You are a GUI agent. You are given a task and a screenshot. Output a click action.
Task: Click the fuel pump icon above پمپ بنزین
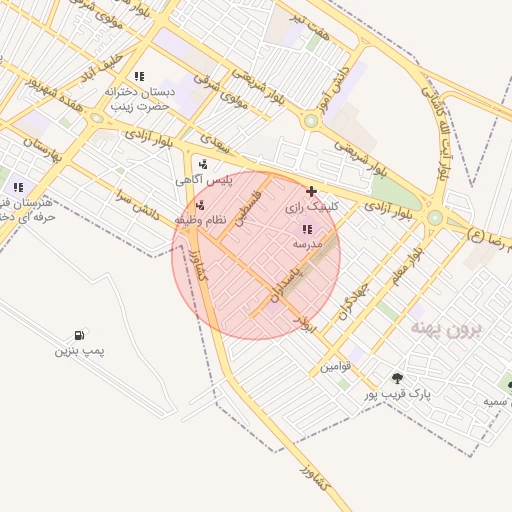(79, 335)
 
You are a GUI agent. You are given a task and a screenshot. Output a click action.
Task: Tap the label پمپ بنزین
(79, 351)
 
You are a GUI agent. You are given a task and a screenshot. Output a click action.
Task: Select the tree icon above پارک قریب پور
(398, 378)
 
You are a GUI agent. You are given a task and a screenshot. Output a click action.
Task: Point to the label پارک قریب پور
(397, 395)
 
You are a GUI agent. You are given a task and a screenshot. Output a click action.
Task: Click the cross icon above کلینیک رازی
(312, 191)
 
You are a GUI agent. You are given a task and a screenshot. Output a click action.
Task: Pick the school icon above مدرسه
(306, 229)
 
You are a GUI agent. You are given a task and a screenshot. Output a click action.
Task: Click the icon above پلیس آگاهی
(204, 164)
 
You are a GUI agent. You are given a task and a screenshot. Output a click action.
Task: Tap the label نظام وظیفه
(200, 218)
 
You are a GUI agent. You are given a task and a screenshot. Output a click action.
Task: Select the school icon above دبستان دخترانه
(139, 76)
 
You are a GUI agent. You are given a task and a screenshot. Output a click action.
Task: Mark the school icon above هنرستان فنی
(18, 186)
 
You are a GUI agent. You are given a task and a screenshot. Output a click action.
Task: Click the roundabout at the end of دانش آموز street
(311, 120)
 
